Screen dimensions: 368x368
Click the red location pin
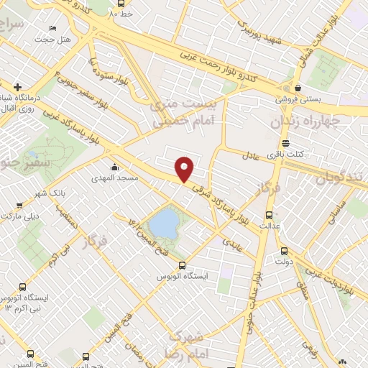click(185, 168)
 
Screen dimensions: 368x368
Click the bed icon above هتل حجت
click(52, 28)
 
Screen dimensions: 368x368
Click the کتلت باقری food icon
click(287, 142)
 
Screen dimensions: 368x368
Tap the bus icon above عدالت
click(270, 214)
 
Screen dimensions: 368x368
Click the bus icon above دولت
click(284, 251)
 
